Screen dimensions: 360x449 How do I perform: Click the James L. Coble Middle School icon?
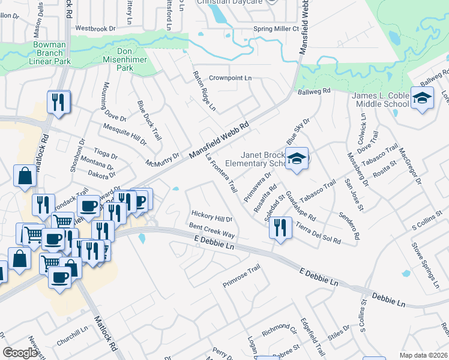(x=422, y=98)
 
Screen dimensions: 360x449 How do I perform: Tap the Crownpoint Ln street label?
(x=230, y=79)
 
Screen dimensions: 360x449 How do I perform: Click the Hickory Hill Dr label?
(x=211, y=214)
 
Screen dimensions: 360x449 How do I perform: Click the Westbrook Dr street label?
(x=95, y=28)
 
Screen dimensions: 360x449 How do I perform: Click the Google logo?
(x=20, y=353)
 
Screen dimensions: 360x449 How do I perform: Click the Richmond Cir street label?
(x=280, y=330)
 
